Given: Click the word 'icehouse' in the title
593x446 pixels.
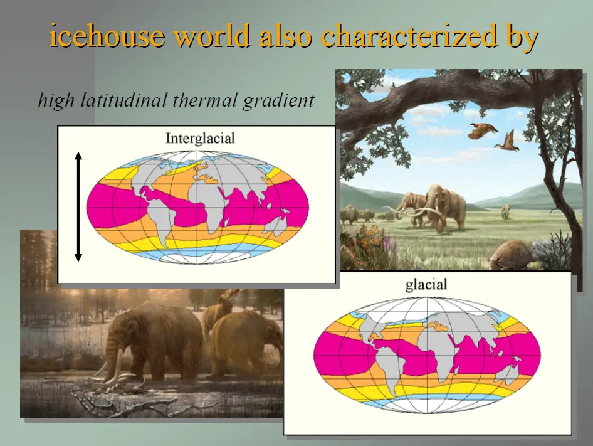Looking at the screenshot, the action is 107,35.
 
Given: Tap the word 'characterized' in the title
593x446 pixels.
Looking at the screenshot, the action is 409,35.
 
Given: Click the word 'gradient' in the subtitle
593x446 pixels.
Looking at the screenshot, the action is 278,101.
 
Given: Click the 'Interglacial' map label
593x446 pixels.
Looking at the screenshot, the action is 200,138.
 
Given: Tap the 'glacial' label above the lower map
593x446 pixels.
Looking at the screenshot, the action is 426,285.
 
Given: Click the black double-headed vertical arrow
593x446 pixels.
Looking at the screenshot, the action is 78,207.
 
